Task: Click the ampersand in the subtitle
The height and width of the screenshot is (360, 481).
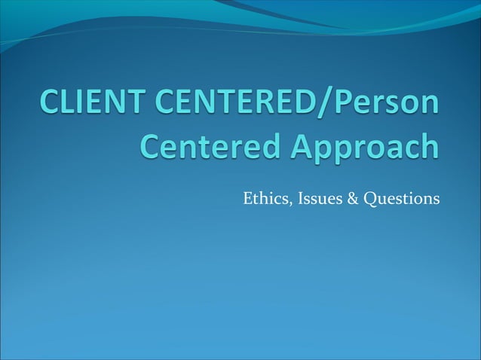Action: coord(339,199)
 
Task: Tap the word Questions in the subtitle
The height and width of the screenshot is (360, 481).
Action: coord(393,200)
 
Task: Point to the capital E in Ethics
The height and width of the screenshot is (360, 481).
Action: coord(247,199)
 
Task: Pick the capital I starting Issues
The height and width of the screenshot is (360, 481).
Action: coord(291,199)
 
